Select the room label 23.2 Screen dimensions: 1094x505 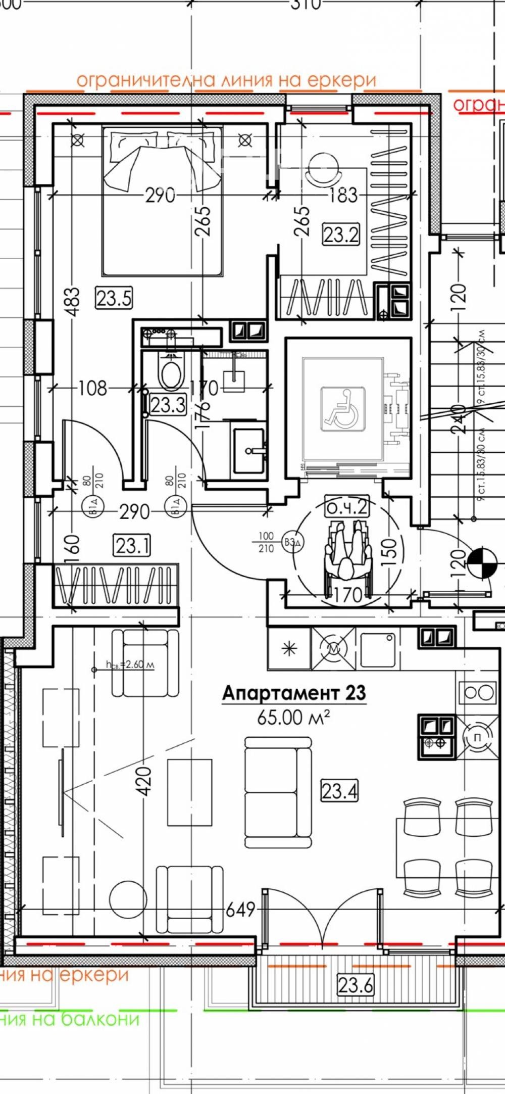pos(341,234)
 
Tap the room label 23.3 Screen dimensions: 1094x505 pos(168,405)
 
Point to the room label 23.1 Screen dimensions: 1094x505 pos(132,546)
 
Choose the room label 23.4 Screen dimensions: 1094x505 pos(339,790)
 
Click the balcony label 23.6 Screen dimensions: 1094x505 pos(356,984)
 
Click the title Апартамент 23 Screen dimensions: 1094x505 pos(294,693)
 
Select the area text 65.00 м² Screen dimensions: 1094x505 pos(293,717)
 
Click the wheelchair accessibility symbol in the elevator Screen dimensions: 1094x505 pos(343,408)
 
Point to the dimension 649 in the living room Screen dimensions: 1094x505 pos(240,910)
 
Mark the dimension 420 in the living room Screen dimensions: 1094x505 pos(144,781)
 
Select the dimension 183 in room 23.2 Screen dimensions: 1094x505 pos(343,195)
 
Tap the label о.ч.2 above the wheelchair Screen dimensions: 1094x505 pos(346,507)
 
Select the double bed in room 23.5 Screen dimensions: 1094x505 pos(162,202)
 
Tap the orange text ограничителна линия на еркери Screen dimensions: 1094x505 pos(226,80)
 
